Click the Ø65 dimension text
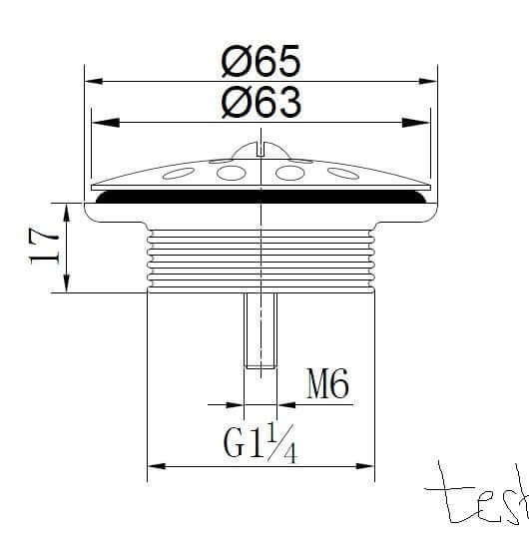click(260, 63)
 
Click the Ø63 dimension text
click(260, 103)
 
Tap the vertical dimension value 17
click(42, 246)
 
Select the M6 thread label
click(326, 384)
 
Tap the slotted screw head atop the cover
click(261, 150)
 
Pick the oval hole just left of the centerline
click(233, 174)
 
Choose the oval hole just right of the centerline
click(289, 174)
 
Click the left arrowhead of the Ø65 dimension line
click(93, 82)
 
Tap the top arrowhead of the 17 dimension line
click(67, 208)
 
